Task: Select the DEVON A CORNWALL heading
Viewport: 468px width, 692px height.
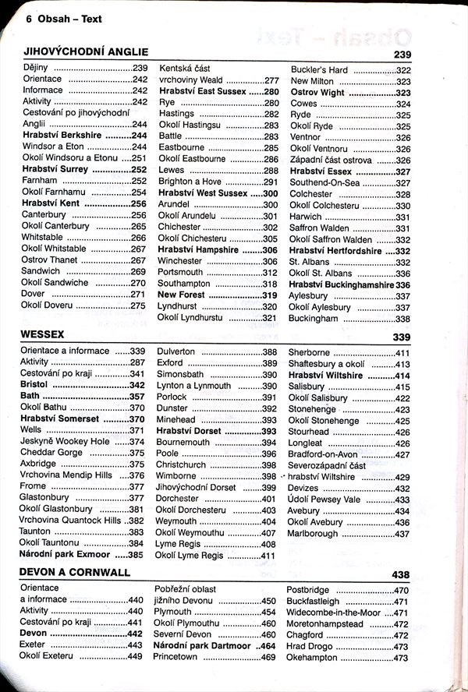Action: (x=75, y=573)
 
